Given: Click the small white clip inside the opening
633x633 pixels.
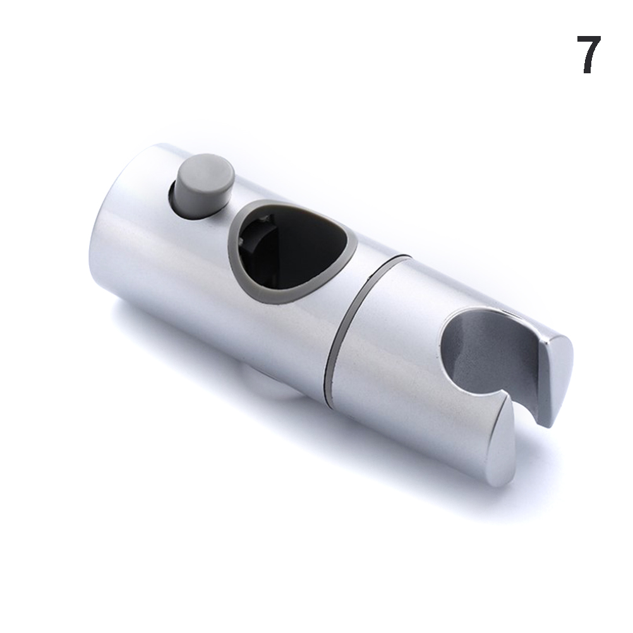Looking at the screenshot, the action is (265, 220).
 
